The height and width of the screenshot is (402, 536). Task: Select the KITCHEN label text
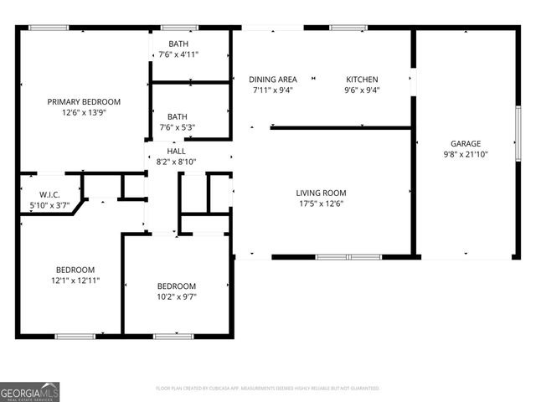[363, 80]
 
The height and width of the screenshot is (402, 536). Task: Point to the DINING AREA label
[273, 80]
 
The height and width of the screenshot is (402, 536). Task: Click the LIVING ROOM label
[321, 193]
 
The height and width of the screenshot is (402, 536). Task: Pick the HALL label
[177, 151]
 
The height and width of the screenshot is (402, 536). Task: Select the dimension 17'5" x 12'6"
[321, 204]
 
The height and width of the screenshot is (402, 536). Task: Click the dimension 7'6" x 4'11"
[178, 55]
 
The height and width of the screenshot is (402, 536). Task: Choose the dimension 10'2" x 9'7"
[177, 296]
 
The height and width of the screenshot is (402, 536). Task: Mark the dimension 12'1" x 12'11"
[75, 281]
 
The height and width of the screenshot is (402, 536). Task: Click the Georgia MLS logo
[30, 391]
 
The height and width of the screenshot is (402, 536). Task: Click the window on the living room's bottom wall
[336, 256]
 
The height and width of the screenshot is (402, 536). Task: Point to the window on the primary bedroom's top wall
[49, 28]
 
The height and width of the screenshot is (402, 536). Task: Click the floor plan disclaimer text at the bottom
[268, 389]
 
